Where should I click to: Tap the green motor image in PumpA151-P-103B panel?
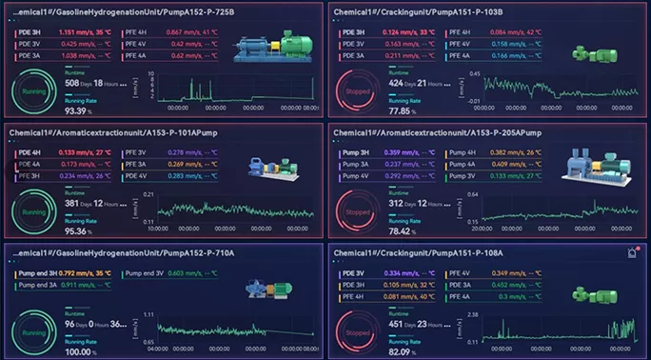[x=582, y=52]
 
